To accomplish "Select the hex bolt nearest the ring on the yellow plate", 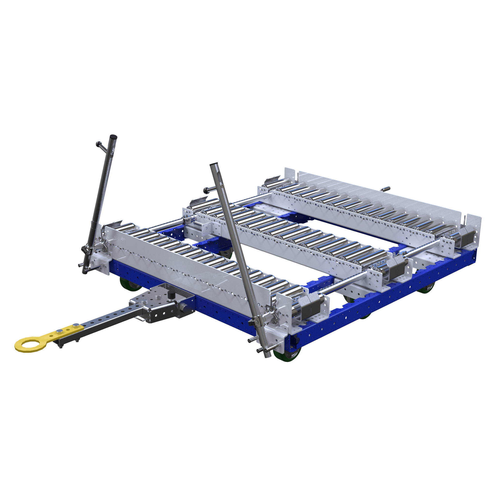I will (x=60, y=330).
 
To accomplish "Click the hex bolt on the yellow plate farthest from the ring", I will (x=76, y=325).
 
